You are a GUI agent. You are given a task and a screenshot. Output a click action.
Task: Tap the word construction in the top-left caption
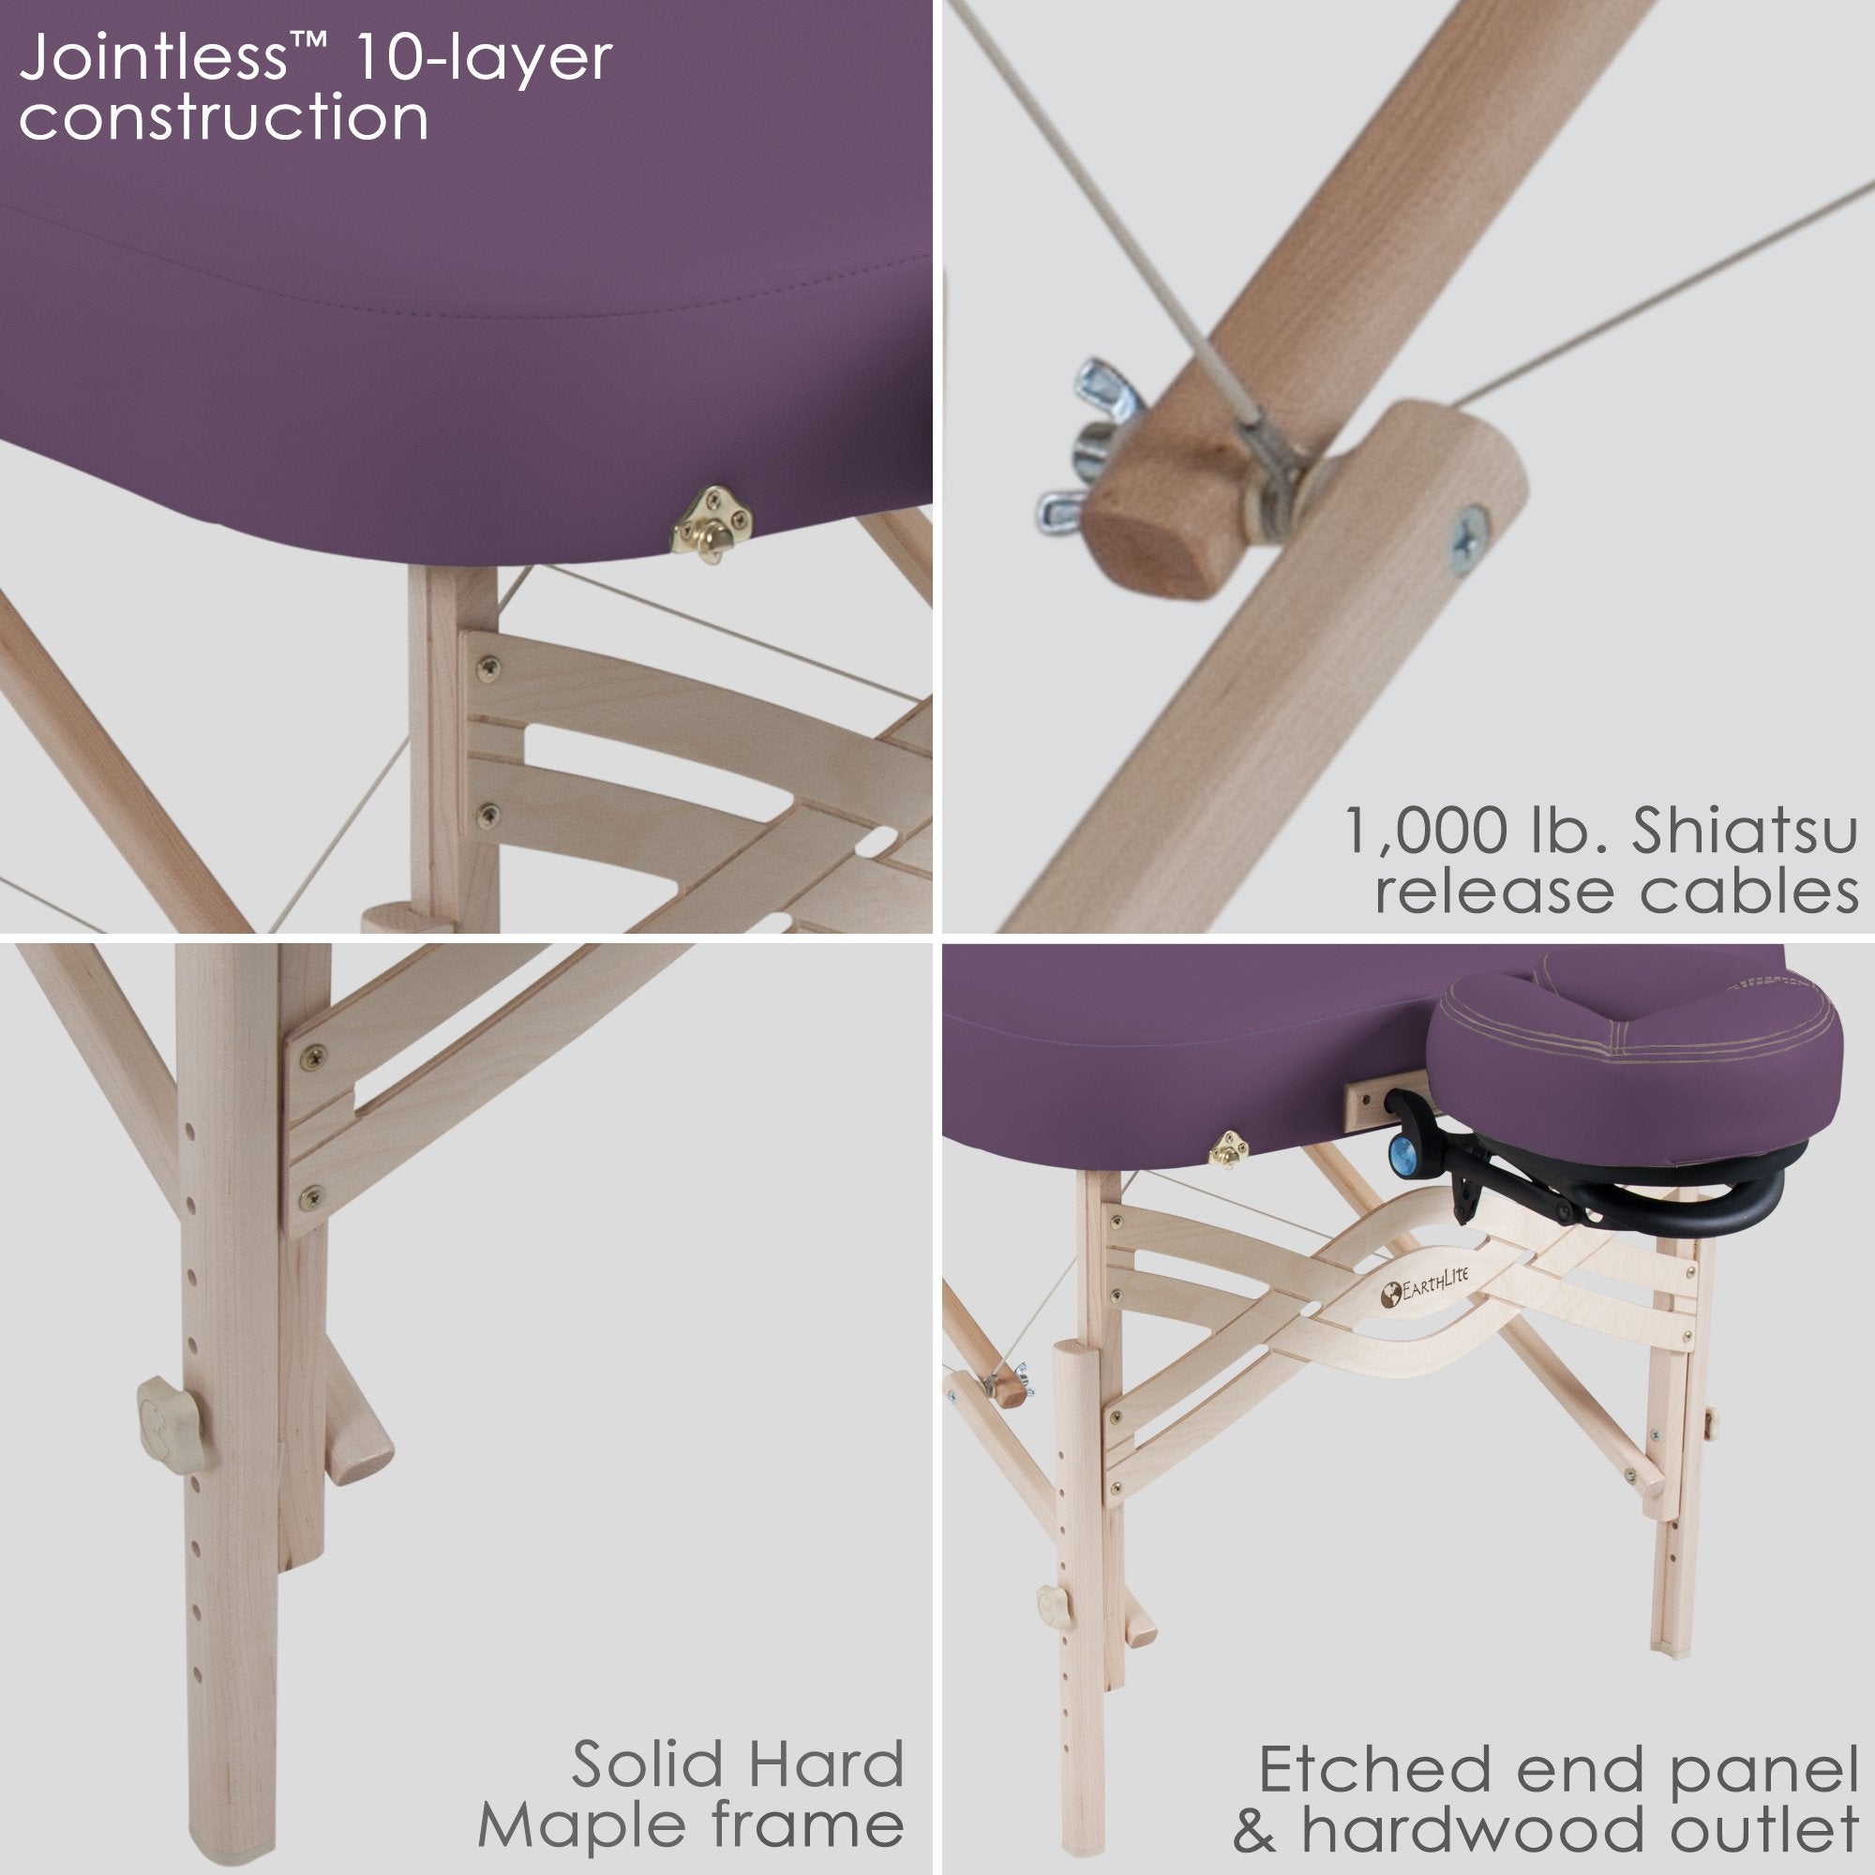click(223, 118)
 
